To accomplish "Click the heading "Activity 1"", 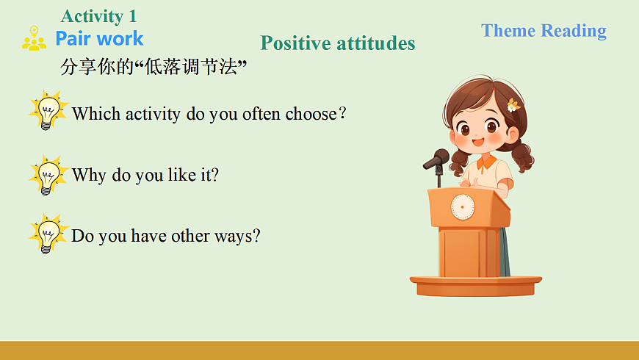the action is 98,17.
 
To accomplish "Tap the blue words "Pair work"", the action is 99,39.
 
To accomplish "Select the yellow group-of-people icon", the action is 34,38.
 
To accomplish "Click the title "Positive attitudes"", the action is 337,43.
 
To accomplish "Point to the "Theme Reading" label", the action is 544,31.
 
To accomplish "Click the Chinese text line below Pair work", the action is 154,67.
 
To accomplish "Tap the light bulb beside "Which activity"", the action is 48,110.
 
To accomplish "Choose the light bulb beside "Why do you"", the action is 48,175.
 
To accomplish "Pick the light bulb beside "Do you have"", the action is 48,234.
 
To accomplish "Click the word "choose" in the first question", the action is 311,114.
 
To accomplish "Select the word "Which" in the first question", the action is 96,114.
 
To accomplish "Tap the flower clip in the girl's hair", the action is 513,105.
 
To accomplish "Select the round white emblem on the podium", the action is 463,206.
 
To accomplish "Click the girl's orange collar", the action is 486,162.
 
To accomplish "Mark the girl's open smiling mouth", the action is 478,143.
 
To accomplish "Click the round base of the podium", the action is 476,286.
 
